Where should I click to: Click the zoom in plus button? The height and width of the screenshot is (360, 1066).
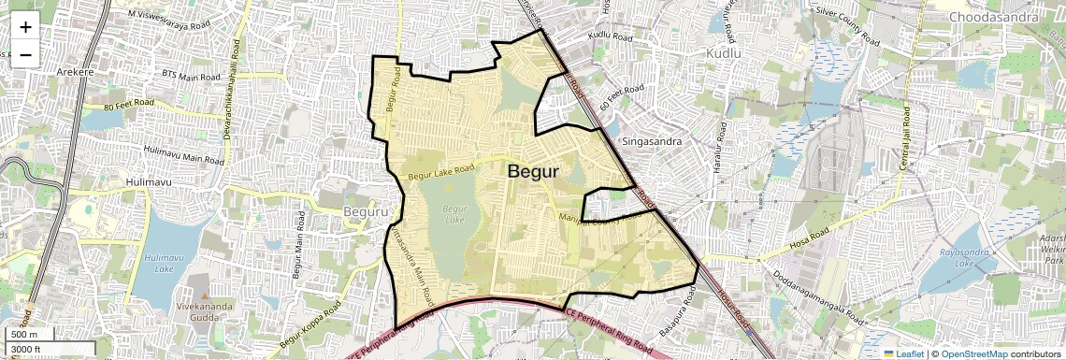point(25,27)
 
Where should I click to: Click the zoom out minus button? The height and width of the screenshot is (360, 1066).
point(25,54)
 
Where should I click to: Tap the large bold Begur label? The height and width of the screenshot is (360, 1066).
point(532,172)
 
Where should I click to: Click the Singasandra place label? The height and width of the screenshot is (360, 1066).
point(648,142)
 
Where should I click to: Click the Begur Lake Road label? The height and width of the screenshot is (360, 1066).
point(441,170)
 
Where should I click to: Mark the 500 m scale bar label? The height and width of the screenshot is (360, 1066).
point(24,335)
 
